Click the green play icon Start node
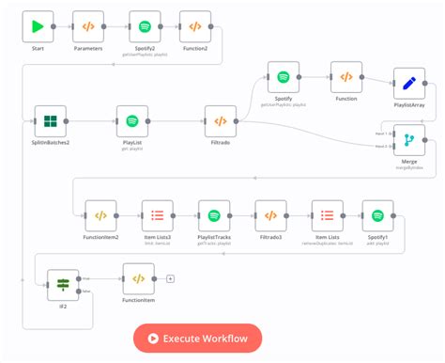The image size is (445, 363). coord(38,26)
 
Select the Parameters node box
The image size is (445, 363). coord(88,26)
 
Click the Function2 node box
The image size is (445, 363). coord(194,26)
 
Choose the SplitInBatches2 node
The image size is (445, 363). coord(52,120)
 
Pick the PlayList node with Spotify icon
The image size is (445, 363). coord(132,120)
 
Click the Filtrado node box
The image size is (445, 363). coord(220,120)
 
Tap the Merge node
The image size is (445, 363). coord(408,140)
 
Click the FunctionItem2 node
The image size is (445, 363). coord(100,215)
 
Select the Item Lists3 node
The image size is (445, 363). coord(157,215)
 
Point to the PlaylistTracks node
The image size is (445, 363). coord(214,215)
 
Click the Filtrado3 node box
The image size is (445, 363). coord(270,215)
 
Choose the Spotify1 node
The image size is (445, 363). coord(377,215)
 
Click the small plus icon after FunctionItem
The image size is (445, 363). coord(170,279)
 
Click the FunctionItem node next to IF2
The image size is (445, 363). coord(138,279)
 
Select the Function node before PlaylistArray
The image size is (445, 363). coord(345,77)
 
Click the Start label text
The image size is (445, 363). coord(38,48)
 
